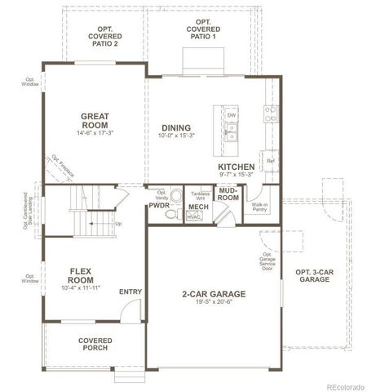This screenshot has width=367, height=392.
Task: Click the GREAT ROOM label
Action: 95,120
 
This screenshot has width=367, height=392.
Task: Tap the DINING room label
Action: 176,127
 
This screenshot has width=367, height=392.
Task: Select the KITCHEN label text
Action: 237,166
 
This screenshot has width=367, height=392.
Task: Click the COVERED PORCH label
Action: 95,344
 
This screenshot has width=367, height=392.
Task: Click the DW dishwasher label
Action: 232,115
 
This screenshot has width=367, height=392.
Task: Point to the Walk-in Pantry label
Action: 260,207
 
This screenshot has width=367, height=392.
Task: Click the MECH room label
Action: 198,207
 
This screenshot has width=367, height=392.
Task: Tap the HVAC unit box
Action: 194,217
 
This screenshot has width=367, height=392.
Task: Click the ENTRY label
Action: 130,291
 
